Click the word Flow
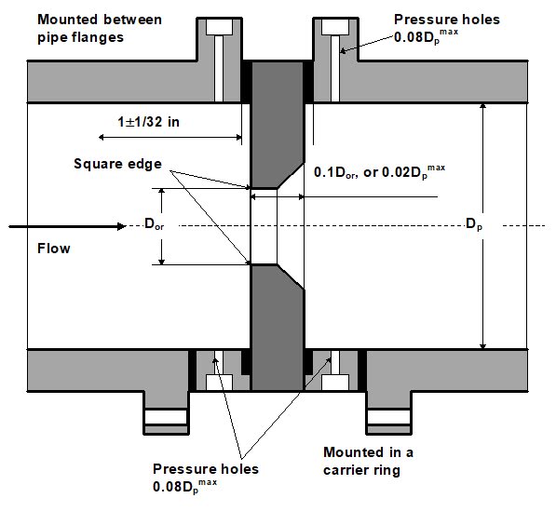(53, 249)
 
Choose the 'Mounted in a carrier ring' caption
(361, 461)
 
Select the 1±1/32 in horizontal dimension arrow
(168, 137)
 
